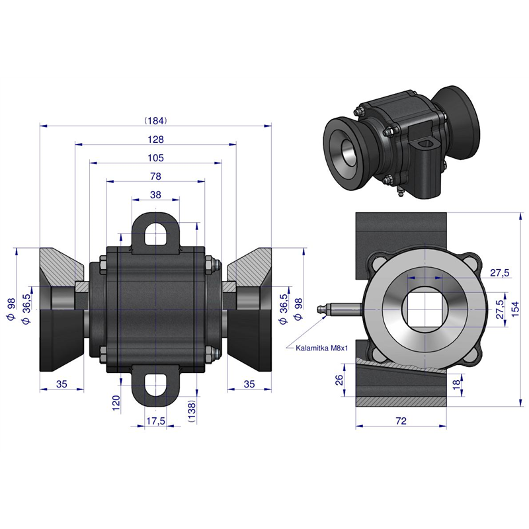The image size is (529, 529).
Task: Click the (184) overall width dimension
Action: tap(155, 121)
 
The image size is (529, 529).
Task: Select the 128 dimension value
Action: tap(155, 140)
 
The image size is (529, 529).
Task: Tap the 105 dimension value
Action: tap(155, 158)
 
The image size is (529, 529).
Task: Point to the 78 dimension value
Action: tap(155, 177)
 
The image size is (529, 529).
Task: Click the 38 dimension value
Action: tap(155, 195)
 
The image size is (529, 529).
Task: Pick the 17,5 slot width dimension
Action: tap(155, 421)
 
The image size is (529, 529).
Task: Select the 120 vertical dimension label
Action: tap(116, 403)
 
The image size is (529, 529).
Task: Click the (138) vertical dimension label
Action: tap(191, 411)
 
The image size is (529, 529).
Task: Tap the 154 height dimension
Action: tap(515, 309)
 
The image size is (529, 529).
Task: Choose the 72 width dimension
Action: tap(401, 421)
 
